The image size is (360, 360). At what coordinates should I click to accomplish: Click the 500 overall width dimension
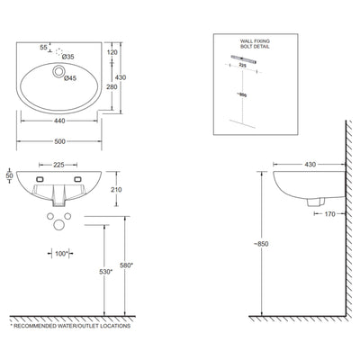tap(61, 142)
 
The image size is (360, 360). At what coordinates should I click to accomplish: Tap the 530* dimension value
tap(105, 271)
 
